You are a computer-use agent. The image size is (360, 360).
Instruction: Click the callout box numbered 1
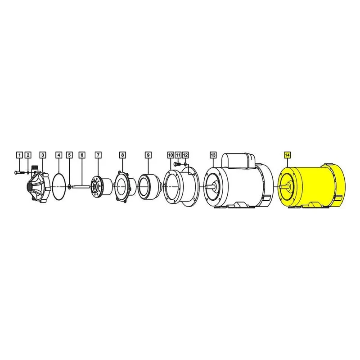[19, 155]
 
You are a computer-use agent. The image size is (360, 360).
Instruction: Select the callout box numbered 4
[59, 155]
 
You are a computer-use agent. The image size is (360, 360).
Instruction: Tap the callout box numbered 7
[98, 155]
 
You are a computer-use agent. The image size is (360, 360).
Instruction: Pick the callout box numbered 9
[148, 155]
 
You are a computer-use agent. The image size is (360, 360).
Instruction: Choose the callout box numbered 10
[171, 155]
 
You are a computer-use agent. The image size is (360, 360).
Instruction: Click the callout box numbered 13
[213, 155]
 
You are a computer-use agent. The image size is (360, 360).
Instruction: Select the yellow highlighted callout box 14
[287, 155]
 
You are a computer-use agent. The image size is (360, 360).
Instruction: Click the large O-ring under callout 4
[59, 185]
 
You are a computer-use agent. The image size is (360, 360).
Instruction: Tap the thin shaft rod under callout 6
[81, 187]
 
